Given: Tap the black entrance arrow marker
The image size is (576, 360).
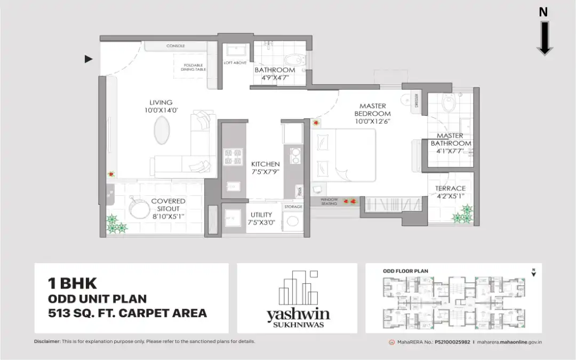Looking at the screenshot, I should tap(89, 59).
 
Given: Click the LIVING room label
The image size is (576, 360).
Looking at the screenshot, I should tap(161, 102).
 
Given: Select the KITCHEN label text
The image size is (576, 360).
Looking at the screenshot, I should tap(266, 164).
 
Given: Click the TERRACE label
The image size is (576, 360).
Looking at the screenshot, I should tap(450, 188).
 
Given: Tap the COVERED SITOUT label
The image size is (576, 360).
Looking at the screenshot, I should tap(168, 205).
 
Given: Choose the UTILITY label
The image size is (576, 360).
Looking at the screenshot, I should tap(261, 215).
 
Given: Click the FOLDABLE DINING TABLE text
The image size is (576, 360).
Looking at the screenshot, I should tap(193, 66).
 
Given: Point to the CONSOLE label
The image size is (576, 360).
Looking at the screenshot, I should tap(175, 46).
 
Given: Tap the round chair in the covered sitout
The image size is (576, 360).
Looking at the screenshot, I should tap(139, 207).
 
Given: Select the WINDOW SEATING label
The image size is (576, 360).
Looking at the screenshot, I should tap(329, 202).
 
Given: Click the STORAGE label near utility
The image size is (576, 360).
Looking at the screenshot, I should tap(293, 206).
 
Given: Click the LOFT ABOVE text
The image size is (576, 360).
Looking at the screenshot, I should tap(235, 63).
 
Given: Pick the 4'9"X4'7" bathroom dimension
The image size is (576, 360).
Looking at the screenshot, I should tap(275, 78).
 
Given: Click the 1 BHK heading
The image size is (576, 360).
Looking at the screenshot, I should tap(67, 283).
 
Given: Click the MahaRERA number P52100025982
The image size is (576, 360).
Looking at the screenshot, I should tap(452, 342).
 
